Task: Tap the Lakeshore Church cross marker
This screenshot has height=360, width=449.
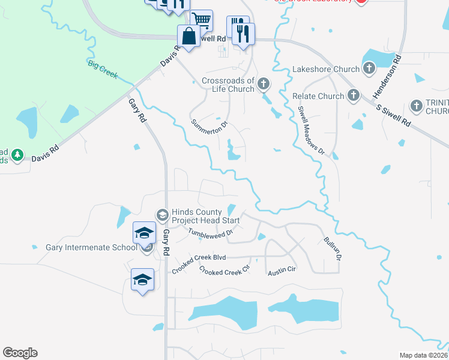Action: click(369, 69)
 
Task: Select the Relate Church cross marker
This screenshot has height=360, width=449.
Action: click(354, 95)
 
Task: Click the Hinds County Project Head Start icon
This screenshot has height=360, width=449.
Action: click(162, 214)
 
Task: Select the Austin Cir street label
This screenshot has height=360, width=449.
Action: click(282, 271)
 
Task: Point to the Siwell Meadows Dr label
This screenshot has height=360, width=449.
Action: click(311, 130)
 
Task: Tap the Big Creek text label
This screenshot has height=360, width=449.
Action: click(103, 70)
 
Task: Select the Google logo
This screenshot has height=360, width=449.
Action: click(20, 353)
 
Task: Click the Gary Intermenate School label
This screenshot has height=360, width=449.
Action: click(92, 247)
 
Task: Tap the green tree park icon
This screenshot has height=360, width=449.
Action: click(17, 155)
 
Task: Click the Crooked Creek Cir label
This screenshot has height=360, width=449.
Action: click(224, 271)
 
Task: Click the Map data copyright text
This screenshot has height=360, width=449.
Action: click(423, 355)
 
